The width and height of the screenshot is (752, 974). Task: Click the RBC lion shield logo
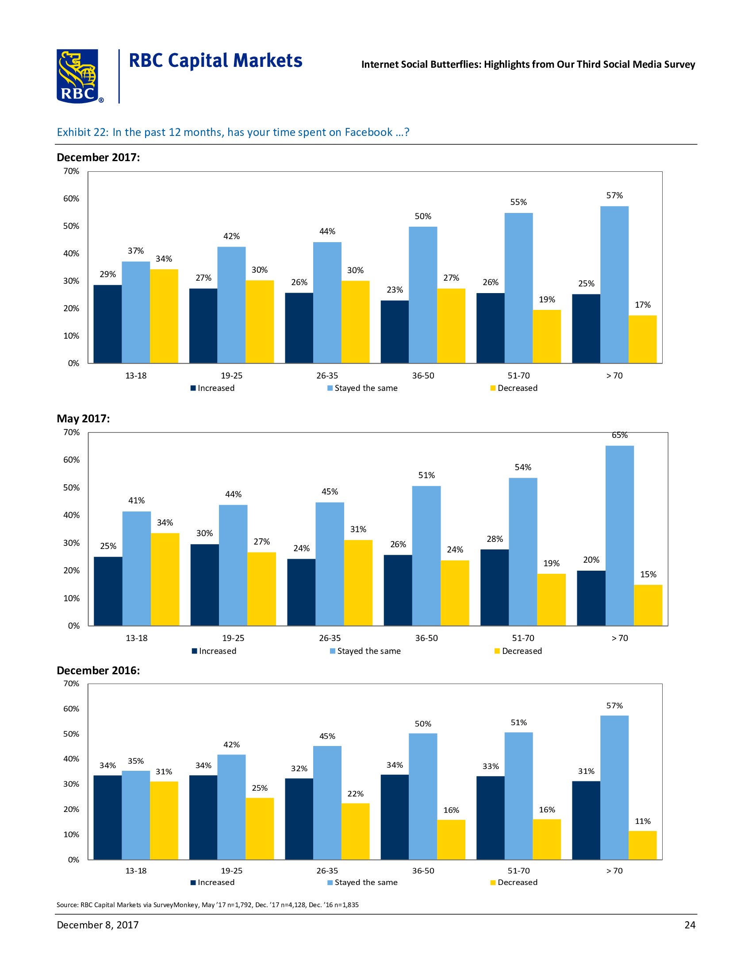(77, 76)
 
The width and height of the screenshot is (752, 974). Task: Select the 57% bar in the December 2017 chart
(614, 284)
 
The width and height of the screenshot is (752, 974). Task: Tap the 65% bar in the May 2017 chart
(620, 535)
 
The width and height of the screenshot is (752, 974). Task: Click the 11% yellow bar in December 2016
(642, 845)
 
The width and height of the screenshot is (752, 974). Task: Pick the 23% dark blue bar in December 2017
(394, 331)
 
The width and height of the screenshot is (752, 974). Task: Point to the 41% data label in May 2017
(136, 500)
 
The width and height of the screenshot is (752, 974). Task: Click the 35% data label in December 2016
(136, 761)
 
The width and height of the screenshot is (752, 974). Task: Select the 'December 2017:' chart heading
(98, 158)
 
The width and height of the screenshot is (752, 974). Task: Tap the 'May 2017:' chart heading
(83, 418)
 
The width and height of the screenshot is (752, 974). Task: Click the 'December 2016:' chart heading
(98, 670)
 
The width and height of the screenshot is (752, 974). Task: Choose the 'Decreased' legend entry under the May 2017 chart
(522, 651)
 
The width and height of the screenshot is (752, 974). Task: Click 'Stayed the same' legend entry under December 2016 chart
(366, 882)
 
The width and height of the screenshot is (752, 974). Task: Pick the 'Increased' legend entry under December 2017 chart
(215, 388)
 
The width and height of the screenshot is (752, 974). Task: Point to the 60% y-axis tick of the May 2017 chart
(71, 460)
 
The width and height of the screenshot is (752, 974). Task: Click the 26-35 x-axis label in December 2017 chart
(327, 375)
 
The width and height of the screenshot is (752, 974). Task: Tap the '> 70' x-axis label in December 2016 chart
(614, 870)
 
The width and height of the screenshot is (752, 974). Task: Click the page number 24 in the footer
(690, 925)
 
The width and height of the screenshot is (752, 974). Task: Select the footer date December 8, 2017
(98, 925)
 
